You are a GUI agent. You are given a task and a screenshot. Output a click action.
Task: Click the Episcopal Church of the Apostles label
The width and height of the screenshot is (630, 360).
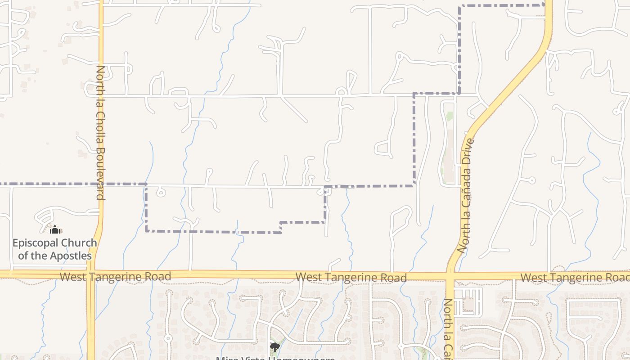(x=54, y=249)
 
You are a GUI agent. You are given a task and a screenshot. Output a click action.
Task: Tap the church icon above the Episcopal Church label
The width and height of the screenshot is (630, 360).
(x=55, y=230)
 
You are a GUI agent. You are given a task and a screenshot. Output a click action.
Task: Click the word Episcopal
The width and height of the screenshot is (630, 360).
(x=34, y=243)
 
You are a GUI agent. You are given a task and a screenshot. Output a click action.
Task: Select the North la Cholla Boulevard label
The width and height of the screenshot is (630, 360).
(x=100, y=133)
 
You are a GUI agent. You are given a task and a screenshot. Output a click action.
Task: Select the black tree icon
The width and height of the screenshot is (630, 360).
(x=274, y=347)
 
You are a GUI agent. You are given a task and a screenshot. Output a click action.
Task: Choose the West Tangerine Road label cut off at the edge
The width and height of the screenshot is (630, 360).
(x=575, y=278)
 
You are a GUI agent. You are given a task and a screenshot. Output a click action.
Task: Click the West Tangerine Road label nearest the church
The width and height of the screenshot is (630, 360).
(x=115, y=276)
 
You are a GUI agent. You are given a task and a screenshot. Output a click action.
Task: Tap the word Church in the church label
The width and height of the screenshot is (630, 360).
(x=79, y=243)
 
